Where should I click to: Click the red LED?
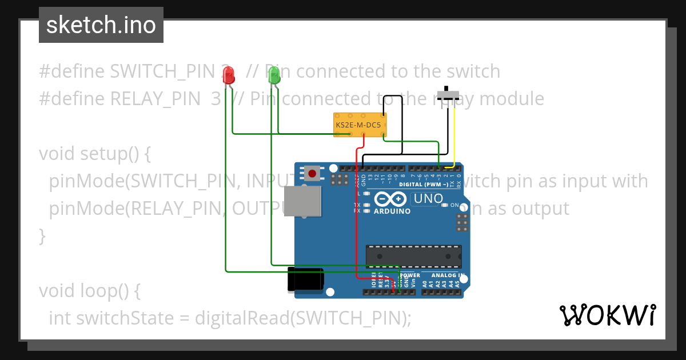[x=229, y=75]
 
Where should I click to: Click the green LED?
[x=274, y=75]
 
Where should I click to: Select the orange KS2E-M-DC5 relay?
[x=360, y=125]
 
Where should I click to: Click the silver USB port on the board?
[x=303, y=201]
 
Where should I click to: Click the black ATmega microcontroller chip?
[x=413, y=256]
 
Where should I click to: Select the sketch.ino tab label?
[x=101, y=25]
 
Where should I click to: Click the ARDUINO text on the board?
[x=392, y=211]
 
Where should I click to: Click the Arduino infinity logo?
[x=391, y=199]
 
